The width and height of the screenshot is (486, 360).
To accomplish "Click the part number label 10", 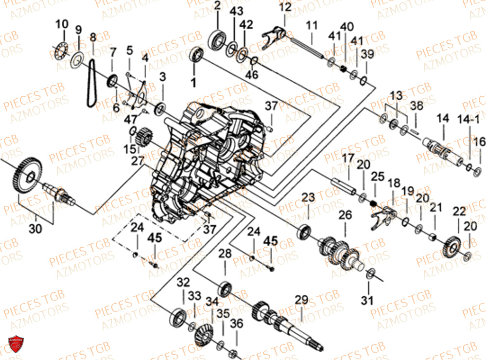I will tap(62, 24).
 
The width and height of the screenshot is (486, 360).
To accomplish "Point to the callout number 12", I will tap(285, 7).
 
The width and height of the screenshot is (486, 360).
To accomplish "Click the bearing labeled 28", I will tap(225, 288).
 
